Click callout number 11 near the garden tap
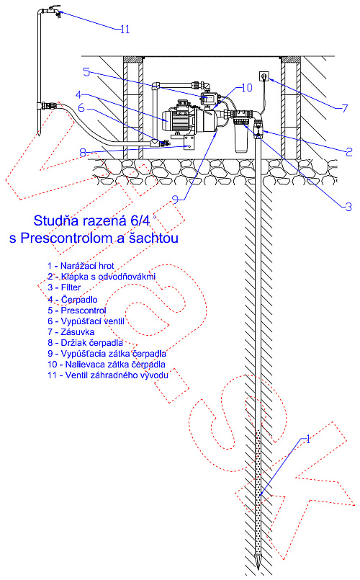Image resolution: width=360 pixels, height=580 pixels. (125, 30)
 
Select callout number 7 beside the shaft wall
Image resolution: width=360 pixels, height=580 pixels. (345, 108)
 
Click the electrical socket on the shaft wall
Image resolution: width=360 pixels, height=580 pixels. (264, 76)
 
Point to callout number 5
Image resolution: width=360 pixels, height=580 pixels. (86, 72)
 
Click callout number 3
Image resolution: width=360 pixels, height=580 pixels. (348, 207)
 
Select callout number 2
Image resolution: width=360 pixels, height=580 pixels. (349, 151)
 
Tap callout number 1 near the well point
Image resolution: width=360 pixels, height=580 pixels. (308, 439)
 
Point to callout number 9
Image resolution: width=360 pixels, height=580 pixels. (176, 200)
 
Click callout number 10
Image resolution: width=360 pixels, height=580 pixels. (246, 88)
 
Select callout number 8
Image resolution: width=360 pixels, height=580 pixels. (83, 153)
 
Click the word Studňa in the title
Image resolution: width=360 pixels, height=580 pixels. (56, 220)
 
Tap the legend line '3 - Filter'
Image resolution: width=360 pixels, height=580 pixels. (64, 287)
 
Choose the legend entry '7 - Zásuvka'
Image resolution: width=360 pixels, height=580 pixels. (71, 332)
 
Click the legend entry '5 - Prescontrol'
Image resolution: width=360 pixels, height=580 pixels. (77, 311)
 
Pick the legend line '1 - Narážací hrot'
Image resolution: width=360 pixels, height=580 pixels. (81, 266)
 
